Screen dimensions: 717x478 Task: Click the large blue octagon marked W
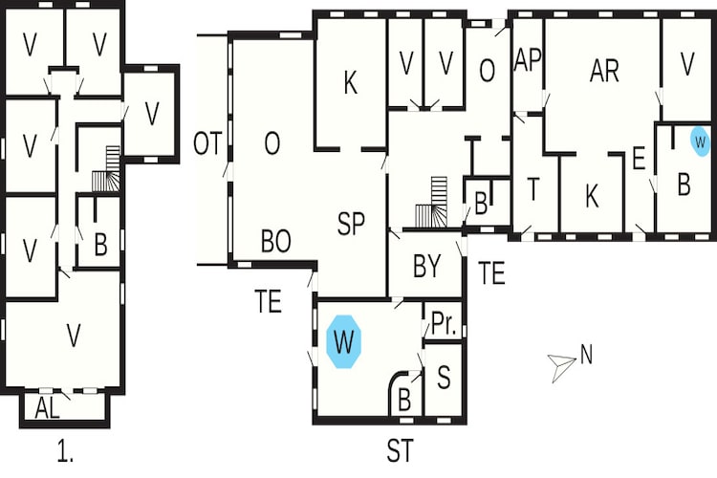coord(344,341)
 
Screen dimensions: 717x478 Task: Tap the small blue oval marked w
coord(700,141)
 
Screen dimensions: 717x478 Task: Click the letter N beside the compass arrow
coord(586,355)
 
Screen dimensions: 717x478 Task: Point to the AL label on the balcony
coord(48,408)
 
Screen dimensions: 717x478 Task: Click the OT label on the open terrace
coord(207,143)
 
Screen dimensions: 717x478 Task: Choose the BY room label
coord(426,266)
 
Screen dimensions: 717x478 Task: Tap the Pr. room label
coord(444,324)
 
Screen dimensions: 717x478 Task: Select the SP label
coord(351,224)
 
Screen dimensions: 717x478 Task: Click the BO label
coord(275,241)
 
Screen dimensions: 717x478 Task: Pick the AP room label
coord(528,60)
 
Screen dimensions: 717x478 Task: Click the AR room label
coord(604,71)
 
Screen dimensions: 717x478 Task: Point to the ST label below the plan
coord(401,450)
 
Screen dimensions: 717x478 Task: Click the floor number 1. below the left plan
coord(65,452)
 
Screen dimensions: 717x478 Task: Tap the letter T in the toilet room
coord(533,189)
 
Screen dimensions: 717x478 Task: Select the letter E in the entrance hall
coord(639,159)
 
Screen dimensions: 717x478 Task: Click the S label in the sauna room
coord(444,378)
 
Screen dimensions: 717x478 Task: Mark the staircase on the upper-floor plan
coord(106,169)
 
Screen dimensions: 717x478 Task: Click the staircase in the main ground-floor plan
coord(432,202)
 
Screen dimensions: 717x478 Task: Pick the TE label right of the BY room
coord(491,273)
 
